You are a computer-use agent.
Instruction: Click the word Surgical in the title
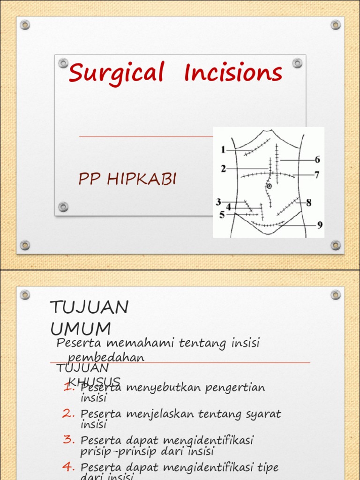coord(116,74)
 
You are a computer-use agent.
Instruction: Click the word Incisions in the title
coord(233,73)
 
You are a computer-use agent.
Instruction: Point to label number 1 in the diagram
coord(223,150)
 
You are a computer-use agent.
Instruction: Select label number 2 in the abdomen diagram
coord(224,169)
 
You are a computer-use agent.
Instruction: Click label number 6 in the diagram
coord(317,160)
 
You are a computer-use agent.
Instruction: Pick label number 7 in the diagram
coord(317,175)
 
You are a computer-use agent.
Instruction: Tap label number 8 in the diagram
coord(308,203)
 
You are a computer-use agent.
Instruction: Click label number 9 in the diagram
coord(320,225)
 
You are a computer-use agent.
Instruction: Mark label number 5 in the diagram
coord(222,215)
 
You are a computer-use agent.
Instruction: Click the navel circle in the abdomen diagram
coord(269,187)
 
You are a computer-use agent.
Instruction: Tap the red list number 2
coord(69,413)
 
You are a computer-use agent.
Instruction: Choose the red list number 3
coord(69,440)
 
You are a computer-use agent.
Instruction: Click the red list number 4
coord(69,467)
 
